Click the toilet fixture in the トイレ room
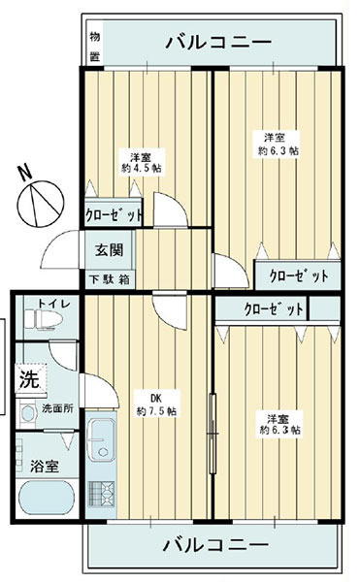[43, 319]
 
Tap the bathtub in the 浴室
[46, 498]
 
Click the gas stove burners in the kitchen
[101, 494]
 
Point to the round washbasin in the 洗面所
[28, 413]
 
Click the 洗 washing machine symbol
[30, 379]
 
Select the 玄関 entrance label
[109, 250]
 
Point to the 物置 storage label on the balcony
[95, 47]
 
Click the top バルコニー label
[218, 43]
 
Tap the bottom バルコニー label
[215, 545]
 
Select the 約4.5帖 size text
[142, 168]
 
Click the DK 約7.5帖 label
[156, 404]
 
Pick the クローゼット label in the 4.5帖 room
[114, 215]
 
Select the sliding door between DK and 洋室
[213, 434]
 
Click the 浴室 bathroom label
[45, 467]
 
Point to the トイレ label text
[53, 304]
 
